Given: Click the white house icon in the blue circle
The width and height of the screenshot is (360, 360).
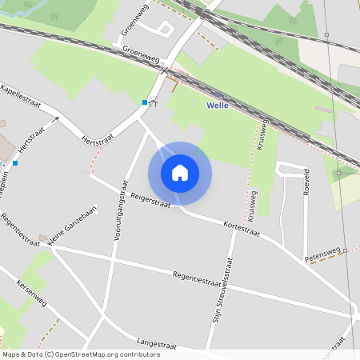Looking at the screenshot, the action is click(180, 173).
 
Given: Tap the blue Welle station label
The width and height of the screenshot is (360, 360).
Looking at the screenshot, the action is click(218, 105).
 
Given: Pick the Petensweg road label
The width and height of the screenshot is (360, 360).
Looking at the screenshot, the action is click(324, 255).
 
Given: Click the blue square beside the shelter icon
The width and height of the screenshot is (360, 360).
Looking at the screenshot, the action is click(144, 102).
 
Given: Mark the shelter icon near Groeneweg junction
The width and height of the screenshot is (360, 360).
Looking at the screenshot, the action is click(153, 102).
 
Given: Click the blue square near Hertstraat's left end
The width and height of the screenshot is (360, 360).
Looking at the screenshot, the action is click(14, 163).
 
